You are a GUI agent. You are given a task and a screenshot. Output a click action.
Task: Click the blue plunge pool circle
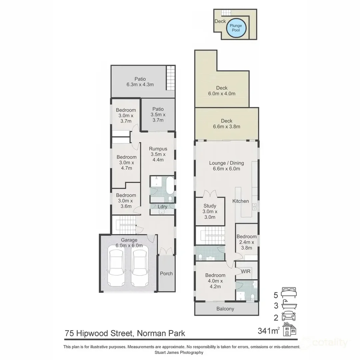coord(236,28)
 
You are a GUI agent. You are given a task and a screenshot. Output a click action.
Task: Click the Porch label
coord(166,273)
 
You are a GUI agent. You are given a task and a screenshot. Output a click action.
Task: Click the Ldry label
coord(162,207)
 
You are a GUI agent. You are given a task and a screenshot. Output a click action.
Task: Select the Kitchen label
coord(241,201)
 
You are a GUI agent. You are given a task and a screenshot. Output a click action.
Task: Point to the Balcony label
coord(225,309)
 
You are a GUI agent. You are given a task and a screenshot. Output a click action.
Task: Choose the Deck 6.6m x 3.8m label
coord(227,124)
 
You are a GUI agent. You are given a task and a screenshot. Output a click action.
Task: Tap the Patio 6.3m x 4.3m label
coord(140,82)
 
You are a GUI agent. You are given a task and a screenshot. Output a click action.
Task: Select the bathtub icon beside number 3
coord(289,304)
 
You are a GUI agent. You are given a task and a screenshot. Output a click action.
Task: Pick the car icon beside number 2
coord(289,316)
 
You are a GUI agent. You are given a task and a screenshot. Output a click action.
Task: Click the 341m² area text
coord(269,331)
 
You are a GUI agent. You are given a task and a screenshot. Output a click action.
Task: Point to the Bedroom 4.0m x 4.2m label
coord(215,281)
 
